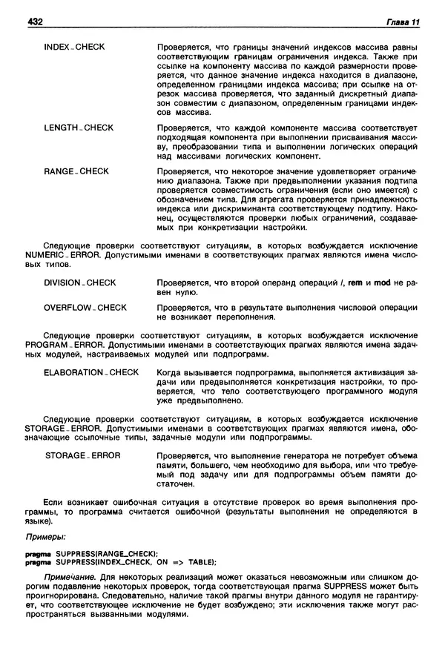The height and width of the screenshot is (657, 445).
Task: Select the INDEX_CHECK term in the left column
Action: pyautogui.click(x=74, y=47)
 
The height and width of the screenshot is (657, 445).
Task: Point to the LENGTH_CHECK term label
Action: pyautogui.click(x=79, y=128)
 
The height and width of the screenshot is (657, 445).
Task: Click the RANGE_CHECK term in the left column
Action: pyautogui.click(x=76, y=171)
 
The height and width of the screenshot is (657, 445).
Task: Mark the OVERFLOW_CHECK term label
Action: pyautogui.click(x=85, y=307)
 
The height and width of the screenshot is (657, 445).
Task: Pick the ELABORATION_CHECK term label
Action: pyautogui.click(x=91, y=372)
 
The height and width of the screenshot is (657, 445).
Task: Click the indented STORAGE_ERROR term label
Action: pyautogui.click(x=83, y=455)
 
